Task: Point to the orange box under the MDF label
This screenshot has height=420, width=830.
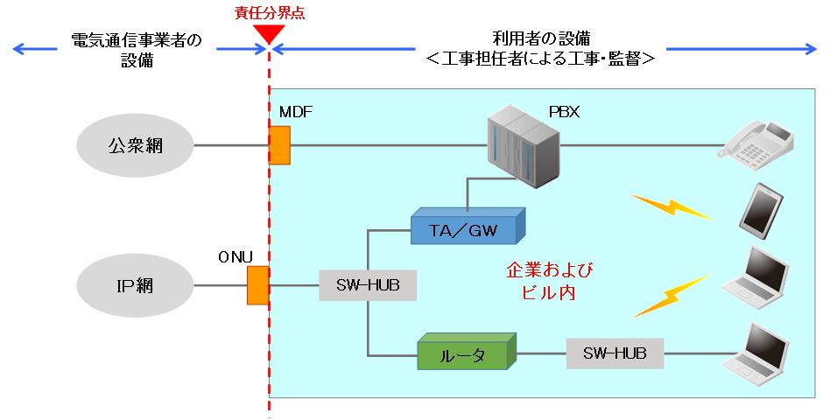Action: [279, 145]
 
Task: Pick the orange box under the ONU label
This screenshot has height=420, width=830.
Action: [257, 285]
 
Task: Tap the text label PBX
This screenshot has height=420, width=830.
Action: [564, 112]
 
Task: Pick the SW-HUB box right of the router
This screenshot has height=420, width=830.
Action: [615, 353]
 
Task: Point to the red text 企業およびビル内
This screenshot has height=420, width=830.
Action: [542, 281]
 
